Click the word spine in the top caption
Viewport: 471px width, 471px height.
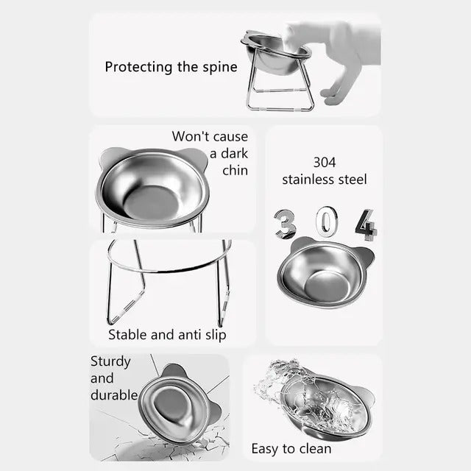tap(219, 67)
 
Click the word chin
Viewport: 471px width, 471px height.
tap(235, 171)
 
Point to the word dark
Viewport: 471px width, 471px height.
tap(228, 153)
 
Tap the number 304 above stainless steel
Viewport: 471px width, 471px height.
tap(324, 162)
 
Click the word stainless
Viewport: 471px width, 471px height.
tap(308, 179)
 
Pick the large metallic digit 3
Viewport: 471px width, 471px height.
tap(286, 224)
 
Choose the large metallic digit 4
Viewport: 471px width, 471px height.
tap(365, 224)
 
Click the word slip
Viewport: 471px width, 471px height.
tap(213, 335)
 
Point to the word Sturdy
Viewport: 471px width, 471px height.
tap(110, 361)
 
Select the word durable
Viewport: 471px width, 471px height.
tap(114, 395)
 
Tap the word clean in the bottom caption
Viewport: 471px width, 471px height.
tap(314, 448)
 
